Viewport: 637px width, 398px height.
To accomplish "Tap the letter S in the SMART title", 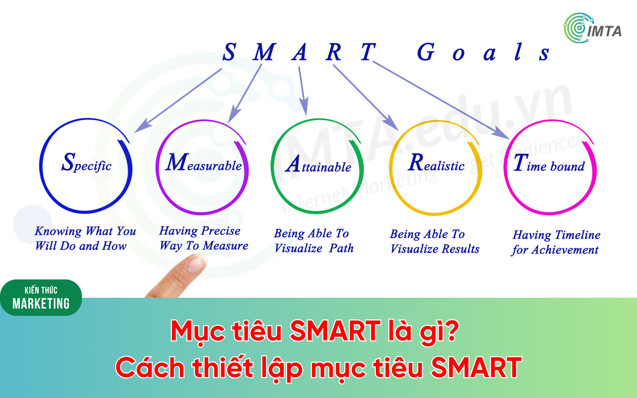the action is click(229, 52).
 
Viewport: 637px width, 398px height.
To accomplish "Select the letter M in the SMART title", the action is click(264, 52).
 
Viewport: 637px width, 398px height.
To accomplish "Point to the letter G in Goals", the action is click(426, 52).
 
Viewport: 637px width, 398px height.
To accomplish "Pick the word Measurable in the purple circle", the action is click(203, 162).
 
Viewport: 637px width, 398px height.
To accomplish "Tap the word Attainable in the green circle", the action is click(318, 164).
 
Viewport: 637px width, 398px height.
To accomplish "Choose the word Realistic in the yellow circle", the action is click(436, 162).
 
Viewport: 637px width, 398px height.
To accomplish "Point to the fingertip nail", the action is click(196, 264).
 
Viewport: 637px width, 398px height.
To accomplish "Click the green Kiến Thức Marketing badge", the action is click(41, 297).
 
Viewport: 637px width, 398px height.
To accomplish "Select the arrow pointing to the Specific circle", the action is click(178, 100).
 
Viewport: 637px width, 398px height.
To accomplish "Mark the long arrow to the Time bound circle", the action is click(441, 100).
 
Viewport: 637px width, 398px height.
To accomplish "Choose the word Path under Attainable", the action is click(341, 248).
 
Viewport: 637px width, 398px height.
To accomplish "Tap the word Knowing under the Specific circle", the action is click(58, 231).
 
